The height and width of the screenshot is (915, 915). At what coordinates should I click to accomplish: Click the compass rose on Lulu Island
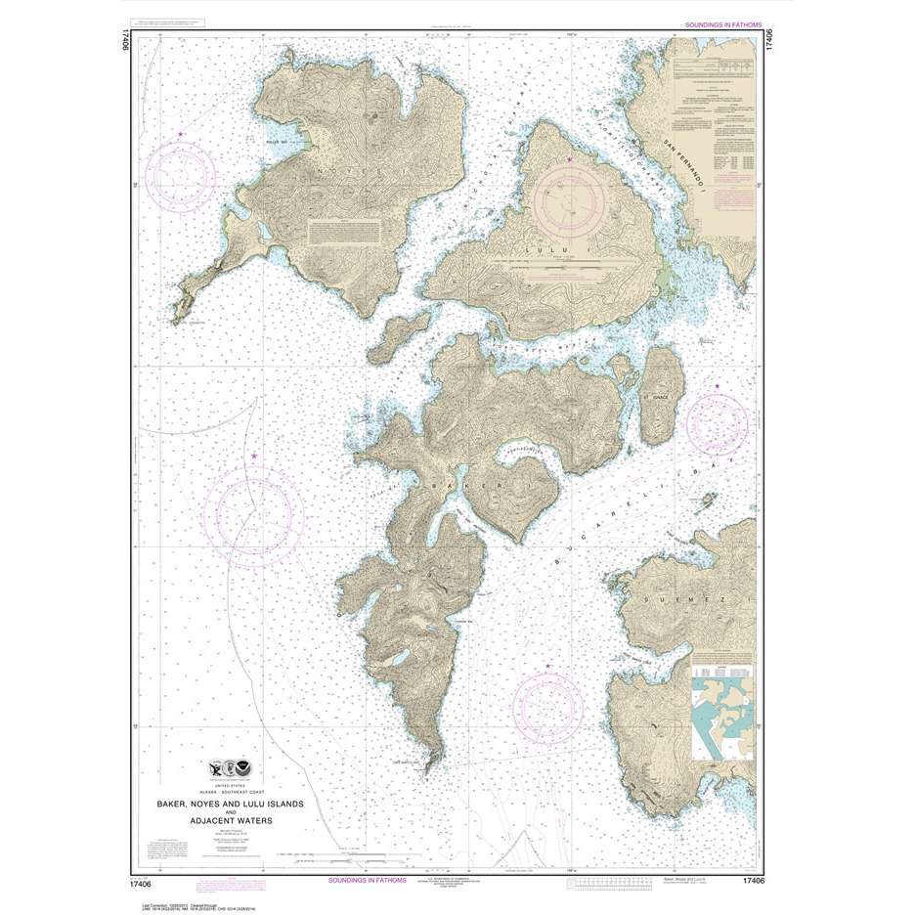pos(570,199)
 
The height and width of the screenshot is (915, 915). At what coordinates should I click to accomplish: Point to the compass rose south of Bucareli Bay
pos(548,706)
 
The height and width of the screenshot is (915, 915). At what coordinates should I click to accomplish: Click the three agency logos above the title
pos(228,768)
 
